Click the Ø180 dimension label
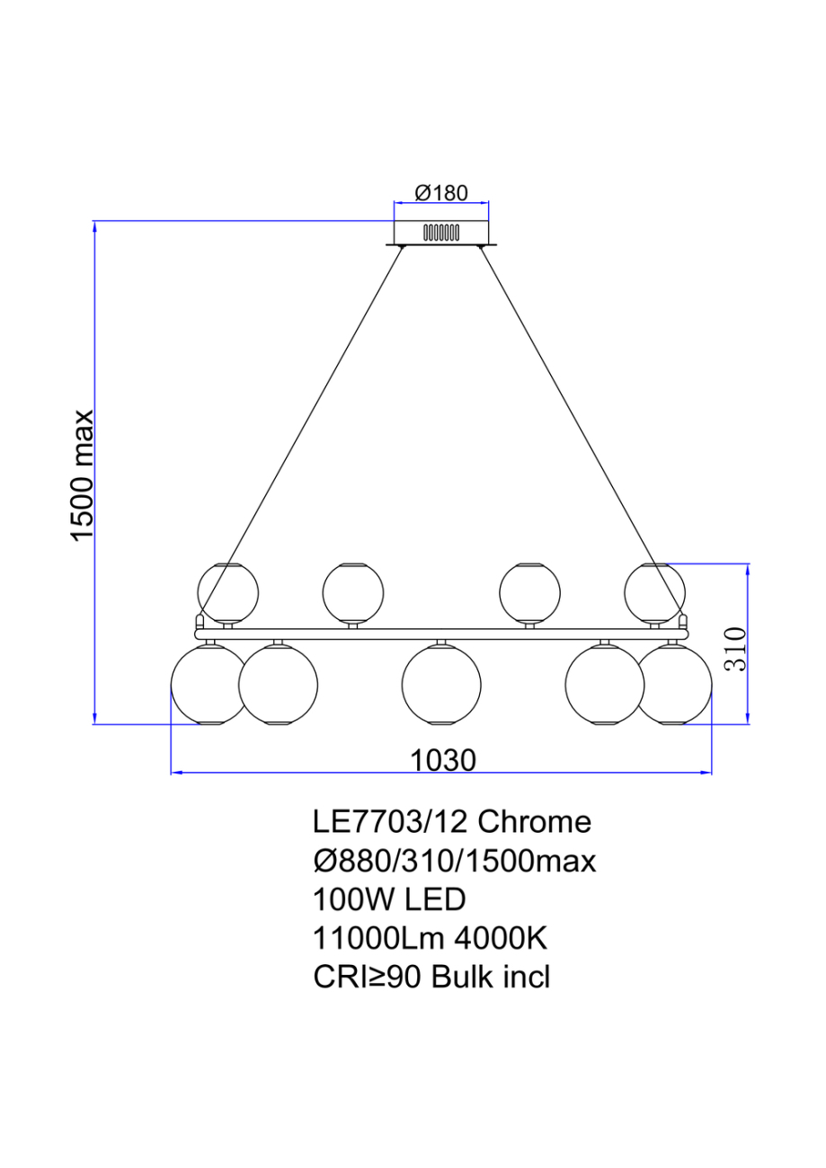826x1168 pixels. (440, 193)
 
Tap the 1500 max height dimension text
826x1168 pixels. (84, 475)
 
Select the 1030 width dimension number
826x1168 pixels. (442, 761)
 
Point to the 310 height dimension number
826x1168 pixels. (735, 650)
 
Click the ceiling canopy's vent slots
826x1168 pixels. (441, 233)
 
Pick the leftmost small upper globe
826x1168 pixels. (227, 592)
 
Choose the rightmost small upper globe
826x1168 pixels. (655, 592)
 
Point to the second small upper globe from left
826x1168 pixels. (353, 592)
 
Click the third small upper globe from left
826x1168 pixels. (529, 592)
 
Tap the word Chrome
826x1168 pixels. (533, 821)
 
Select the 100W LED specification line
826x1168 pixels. (388, 899)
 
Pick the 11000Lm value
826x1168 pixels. (378, 939)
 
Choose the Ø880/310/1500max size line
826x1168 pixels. (454, 861)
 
